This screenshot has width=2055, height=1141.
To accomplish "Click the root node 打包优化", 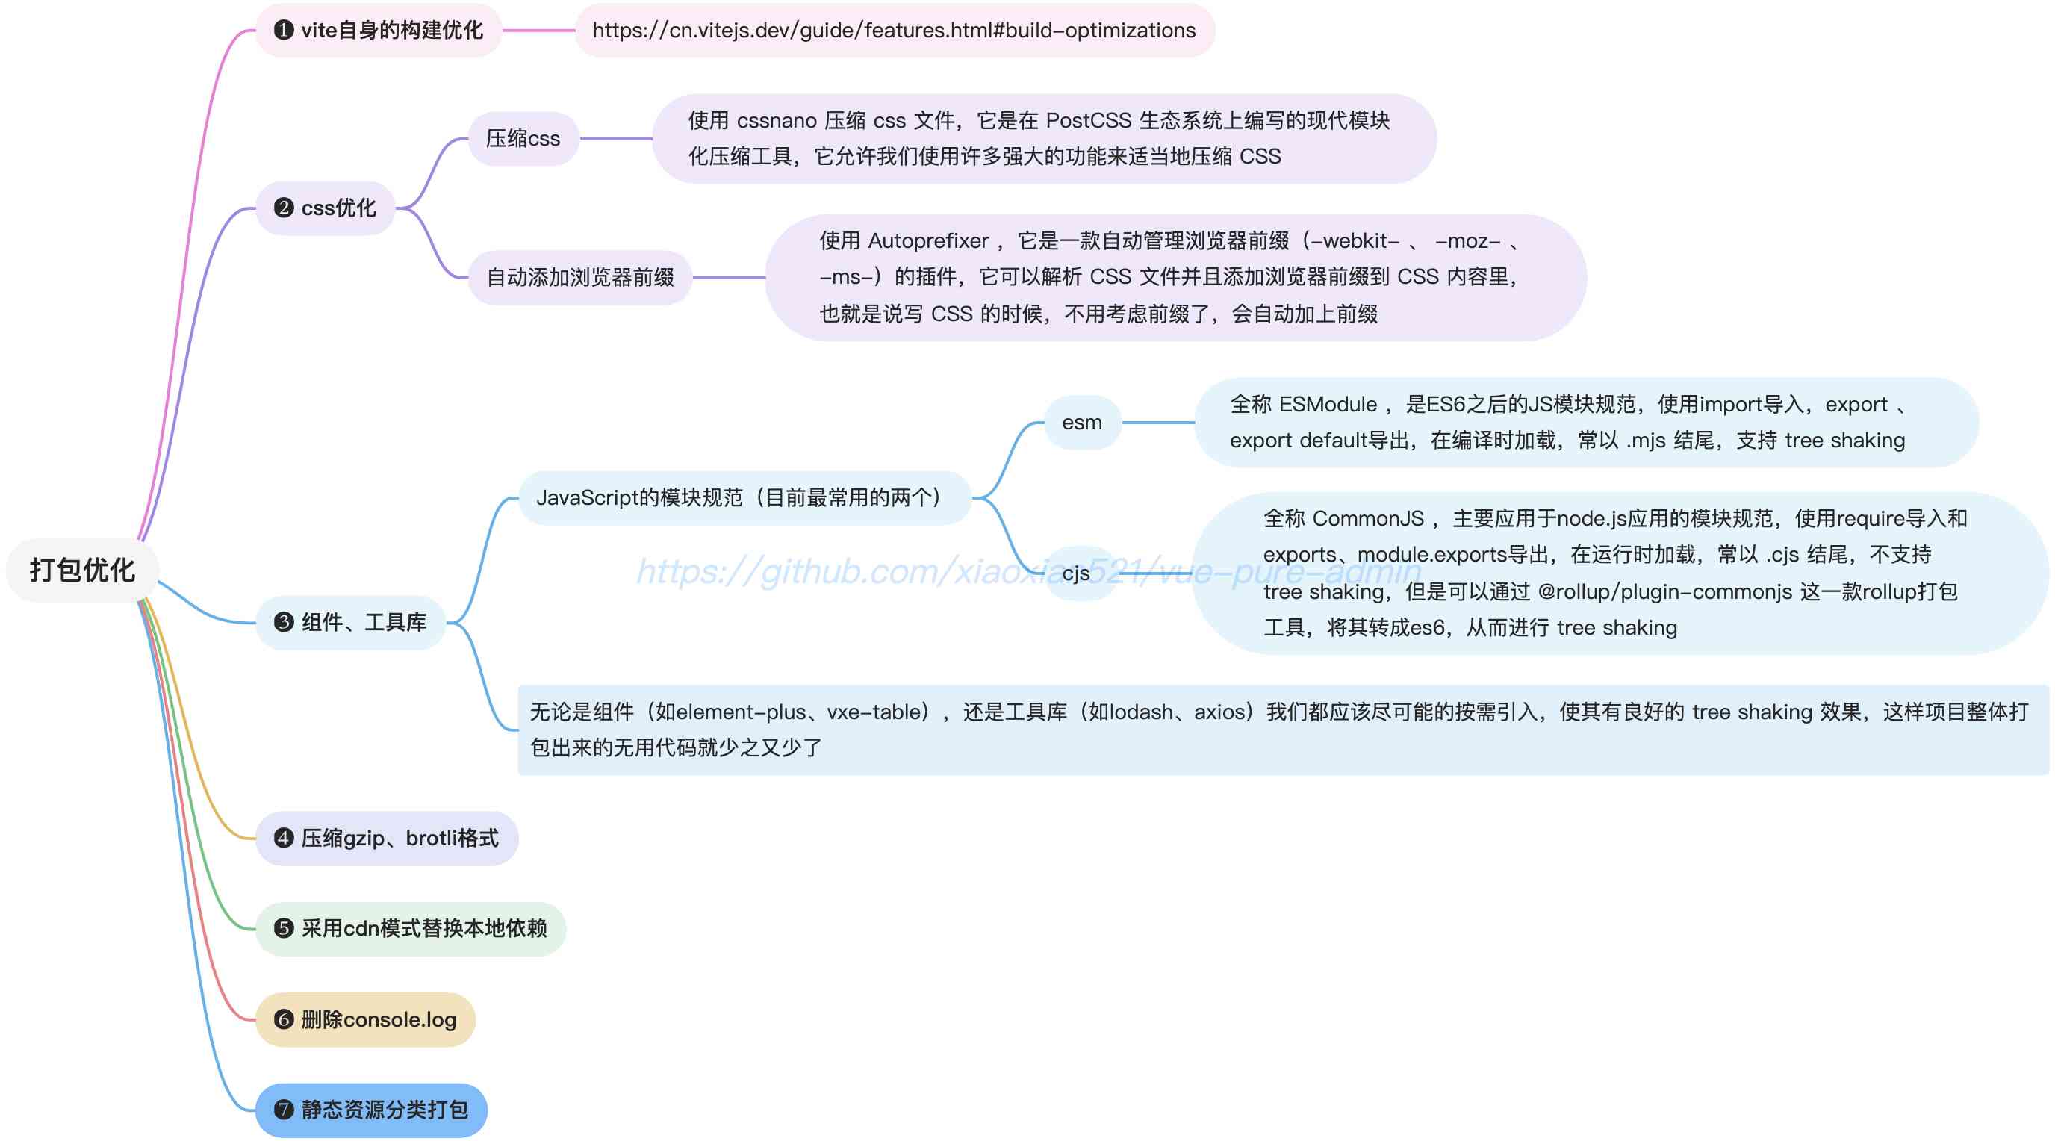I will point(82,570).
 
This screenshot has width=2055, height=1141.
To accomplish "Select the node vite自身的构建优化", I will point(379,31).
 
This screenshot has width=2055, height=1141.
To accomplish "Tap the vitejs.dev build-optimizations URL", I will point(894,31).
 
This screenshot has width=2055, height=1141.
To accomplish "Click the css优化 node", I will point(326,208).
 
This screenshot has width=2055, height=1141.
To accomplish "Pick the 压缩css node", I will point(523,139).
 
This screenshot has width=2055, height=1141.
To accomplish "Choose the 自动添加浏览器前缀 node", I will point(580,277).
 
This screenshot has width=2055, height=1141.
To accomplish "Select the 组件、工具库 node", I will point(351,622).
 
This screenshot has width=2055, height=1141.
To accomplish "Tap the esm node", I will point(1082,422).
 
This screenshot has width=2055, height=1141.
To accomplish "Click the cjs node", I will point(1075,573).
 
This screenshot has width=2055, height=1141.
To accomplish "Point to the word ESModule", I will point(1328,405).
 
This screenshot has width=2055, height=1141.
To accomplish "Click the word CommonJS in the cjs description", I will point(1367,519).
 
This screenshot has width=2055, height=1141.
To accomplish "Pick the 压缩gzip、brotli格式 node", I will point(387,839).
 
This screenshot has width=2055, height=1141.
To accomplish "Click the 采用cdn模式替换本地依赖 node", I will point(411,929).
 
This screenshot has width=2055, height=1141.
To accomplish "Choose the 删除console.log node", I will point(365,1020).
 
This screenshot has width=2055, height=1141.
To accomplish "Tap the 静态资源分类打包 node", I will point(371,1110).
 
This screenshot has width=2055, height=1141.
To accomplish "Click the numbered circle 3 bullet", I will point(283,622).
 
